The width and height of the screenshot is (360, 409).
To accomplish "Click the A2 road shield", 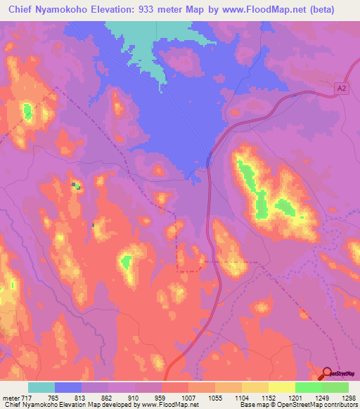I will point(341,87).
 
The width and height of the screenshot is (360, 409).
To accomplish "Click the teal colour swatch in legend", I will point(41,387).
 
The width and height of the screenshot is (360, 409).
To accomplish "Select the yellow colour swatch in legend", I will point(281,387).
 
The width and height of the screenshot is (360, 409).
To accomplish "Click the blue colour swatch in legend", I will point(68,387).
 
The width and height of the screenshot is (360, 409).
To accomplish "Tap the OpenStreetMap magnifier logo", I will point(328,373).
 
